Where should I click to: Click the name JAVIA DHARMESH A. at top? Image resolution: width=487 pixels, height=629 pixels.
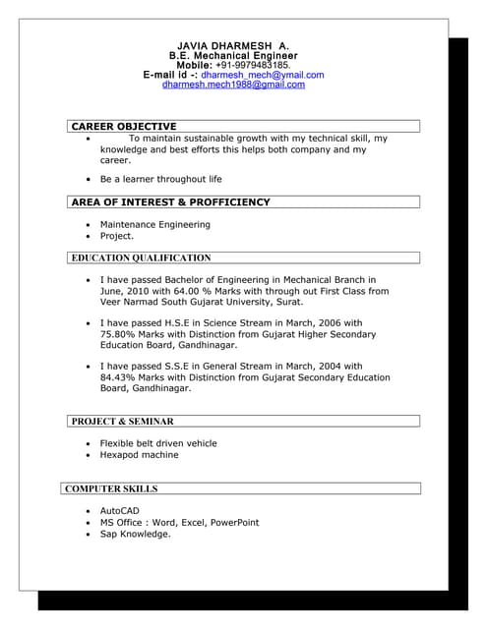point(233,46)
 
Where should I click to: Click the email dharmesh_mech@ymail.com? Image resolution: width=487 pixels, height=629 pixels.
point(263,75)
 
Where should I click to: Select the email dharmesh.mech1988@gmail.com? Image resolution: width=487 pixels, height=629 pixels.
point(233,85)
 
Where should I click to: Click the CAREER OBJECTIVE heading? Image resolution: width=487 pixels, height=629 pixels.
point(124,127)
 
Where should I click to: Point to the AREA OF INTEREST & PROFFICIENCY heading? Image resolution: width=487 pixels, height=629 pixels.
point(170,202)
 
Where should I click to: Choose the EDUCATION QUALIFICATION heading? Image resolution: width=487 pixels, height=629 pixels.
point(141,258)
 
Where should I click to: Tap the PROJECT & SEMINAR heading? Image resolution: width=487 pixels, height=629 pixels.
point(122,422)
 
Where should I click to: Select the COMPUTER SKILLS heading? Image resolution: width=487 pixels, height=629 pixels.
point(111,488)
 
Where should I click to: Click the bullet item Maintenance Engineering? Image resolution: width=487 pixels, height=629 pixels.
point(154,225)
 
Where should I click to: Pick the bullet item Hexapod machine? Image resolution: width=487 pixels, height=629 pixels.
point(139,455)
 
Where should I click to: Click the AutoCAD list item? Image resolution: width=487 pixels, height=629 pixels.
point(120,511)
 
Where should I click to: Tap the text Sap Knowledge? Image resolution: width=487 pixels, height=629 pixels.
point(135,534)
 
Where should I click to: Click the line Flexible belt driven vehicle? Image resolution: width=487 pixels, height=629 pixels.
point(158,443)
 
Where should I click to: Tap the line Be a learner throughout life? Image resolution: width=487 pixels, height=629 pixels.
point(161,180)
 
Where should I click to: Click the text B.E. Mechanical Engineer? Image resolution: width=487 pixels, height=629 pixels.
point(233,56)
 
